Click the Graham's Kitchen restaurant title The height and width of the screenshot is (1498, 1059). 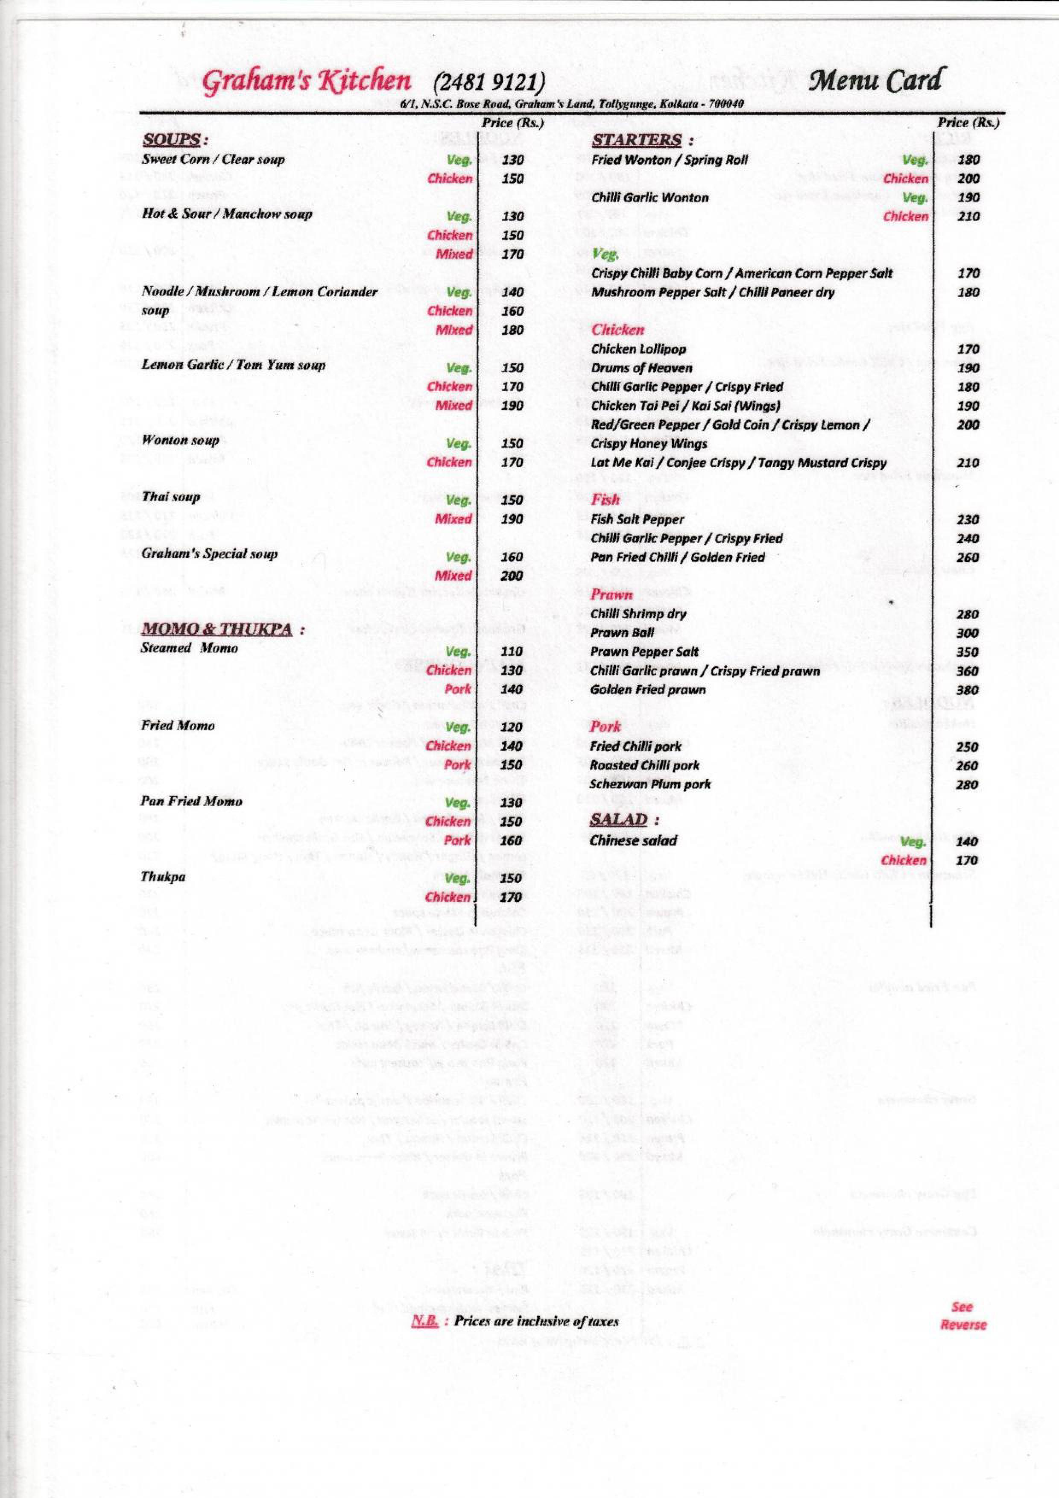306,82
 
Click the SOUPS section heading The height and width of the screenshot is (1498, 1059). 171,140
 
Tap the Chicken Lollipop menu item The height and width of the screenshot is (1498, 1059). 638,349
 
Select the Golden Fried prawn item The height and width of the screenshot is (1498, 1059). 647,690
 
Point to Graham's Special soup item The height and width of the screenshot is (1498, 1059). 209,554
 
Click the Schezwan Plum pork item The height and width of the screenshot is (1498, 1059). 650,784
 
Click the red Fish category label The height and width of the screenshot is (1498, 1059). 605,500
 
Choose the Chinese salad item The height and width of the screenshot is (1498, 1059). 633,840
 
